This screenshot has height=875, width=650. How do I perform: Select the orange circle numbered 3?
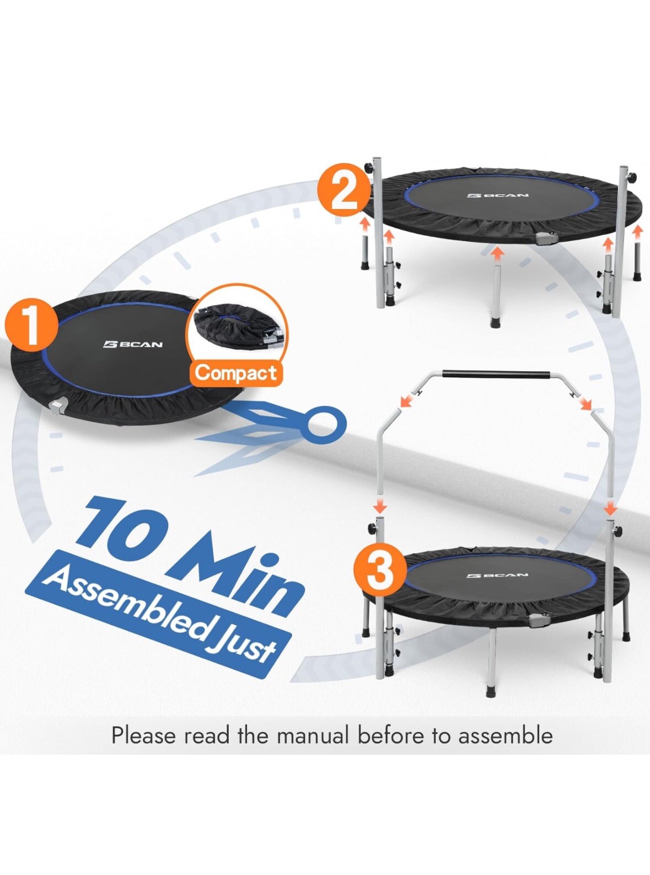pyautogui.click(x=379, y=569)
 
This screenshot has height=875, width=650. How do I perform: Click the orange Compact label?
pyautogui.click(x=236, y=373)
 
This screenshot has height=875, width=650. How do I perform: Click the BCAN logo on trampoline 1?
pyautogui.click(x=133, y=345)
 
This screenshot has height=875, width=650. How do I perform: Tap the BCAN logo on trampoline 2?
pyautogui.click(x=497, y=195)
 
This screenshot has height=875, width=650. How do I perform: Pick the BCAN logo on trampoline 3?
pyautogui.click(x=497, y=575)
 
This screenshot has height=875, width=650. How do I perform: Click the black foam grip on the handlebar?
pyautogui.click(x=496, y=375)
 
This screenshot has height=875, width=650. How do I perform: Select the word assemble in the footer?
pyautogui.click(x=506, y=736)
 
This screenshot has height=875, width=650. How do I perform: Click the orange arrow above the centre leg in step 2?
pyautogui.click(x=498, y=253)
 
